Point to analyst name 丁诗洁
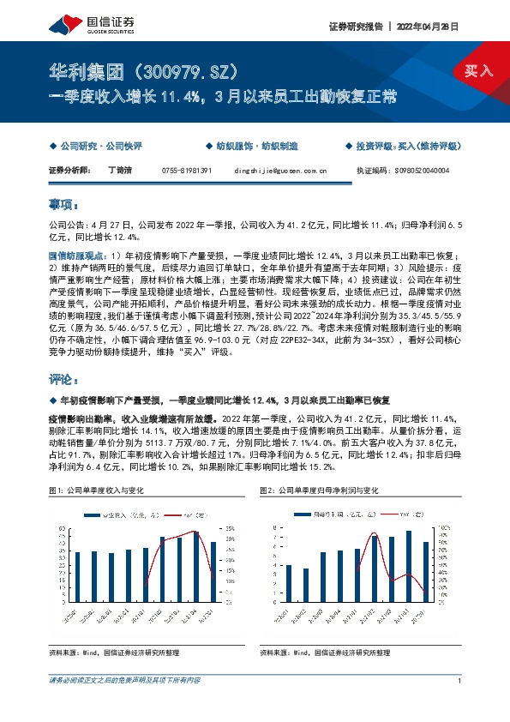120,171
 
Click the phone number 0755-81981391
186,171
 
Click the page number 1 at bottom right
460,680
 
